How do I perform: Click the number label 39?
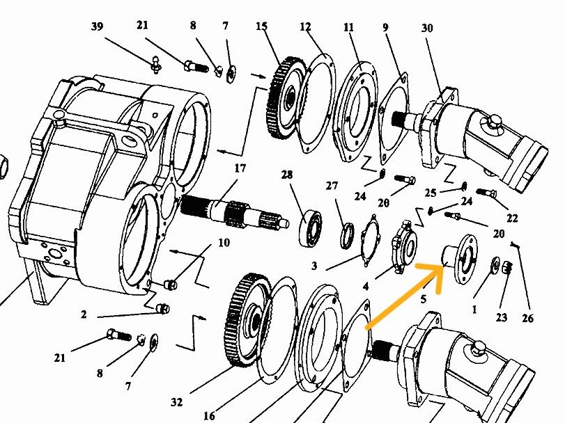(x=97, y=26)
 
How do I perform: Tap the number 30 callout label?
(x=427, y=29)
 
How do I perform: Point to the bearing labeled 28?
(x=311, y=226)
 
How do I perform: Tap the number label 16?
(x=210, y=415)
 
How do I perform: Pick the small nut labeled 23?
(x=507, y=268)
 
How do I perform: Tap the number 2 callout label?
(x=84, y=314)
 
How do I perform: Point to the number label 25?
(x=430, y=192)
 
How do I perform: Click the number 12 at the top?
(x=305, y=27)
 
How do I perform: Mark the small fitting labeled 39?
(x=157, y=64)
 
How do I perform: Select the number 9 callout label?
(x=385, y=29)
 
